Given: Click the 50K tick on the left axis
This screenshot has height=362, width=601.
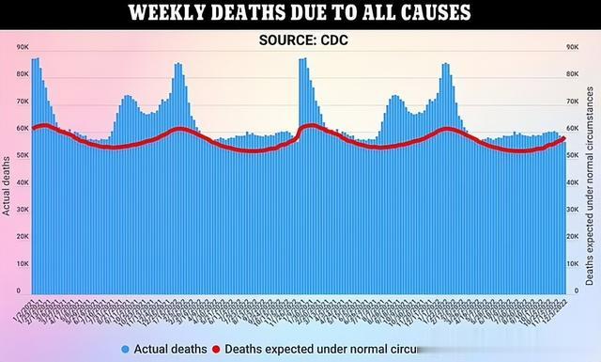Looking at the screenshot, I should [23, 155].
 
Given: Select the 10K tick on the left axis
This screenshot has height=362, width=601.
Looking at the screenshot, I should [23, 265].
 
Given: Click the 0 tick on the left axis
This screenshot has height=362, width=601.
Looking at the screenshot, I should [26, 292].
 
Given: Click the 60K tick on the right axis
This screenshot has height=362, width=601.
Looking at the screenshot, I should [569, 128].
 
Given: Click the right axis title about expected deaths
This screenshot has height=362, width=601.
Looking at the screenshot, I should [590, 183].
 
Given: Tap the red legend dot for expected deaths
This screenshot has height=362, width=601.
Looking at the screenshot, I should [217, 350].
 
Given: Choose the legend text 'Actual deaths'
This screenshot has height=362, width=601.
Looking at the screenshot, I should [169, 350].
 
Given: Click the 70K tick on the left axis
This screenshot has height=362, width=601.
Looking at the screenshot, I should [23, 101].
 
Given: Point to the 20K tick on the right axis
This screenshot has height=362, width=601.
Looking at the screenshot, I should [569, 238].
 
